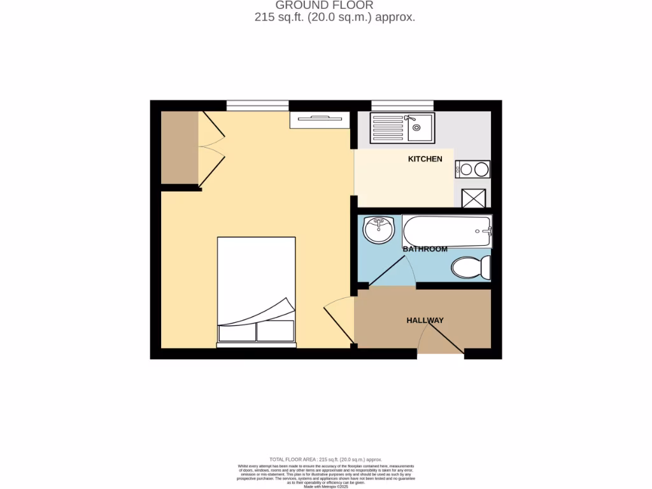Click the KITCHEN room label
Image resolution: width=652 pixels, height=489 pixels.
coord(425,159)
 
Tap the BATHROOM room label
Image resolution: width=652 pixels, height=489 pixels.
coord(425,249)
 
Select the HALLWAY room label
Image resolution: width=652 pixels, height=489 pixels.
coord(425,320)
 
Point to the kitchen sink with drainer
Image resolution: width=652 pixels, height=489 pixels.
coord(401,127)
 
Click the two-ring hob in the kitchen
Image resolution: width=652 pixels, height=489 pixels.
coord(472,169)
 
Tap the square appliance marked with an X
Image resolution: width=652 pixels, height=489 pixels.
coord(472,198)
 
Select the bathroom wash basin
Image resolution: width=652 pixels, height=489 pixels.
coord(379,229)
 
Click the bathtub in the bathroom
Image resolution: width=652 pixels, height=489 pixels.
coord(447,232)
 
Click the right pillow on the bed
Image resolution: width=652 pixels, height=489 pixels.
coord(275,330)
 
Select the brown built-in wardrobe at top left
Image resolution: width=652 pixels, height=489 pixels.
coord(179,148)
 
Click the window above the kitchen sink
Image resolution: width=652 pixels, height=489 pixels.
coord(402,105)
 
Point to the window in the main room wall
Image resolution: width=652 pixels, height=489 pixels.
coord(257,105)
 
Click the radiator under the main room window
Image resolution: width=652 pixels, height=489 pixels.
coord(319,120)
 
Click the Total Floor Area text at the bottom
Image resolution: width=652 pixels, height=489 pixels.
coord(325,459)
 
